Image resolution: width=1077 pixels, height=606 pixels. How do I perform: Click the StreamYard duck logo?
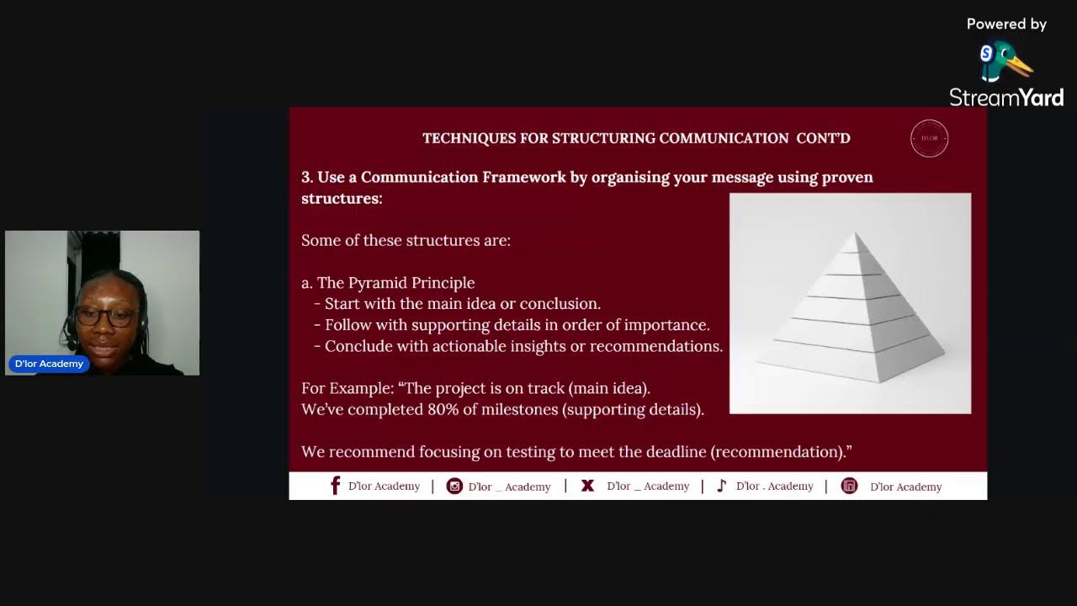1005,63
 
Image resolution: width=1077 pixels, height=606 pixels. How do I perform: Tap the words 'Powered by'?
1006,24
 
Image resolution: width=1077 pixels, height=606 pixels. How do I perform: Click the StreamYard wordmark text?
1006,98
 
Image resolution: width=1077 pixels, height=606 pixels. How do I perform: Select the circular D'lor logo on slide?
929,139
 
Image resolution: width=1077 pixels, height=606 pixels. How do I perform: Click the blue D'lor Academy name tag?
49,364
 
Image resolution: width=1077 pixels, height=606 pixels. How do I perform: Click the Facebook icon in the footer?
335,486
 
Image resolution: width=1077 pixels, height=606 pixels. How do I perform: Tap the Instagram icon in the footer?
454,486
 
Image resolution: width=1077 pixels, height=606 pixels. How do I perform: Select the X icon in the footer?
587,486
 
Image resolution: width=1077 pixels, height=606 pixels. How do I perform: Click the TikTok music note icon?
721,486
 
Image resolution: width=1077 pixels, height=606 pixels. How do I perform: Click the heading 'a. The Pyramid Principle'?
388,283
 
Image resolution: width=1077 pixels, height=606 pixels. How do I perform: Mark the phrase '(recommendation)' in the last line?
781,452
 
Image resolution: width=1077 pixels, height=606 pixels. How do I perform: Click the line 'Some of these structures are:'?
406,240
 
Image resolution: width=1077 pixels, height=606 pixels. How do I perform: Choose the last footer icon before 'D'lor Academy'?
849,486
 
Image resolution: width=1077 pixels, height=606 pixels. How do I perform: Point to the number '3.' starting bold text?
307,177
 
